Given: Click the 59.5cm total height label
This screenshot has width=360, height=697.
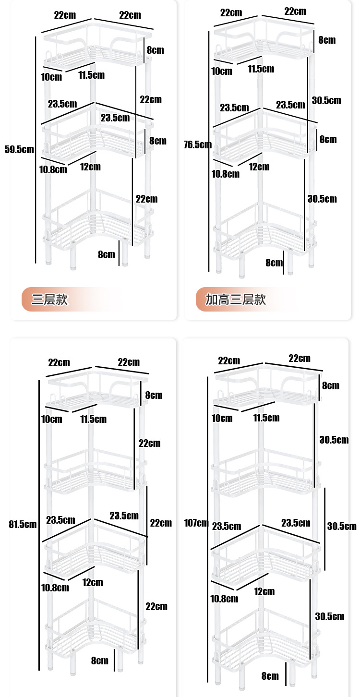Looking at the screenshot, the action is [x=19, y=149].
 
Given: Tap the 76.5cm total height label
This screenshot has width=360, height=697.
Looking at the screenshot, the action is [x=197, y=144].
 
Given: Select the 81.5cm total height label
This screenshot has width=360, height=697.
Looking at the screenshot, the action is [x=23, y=524].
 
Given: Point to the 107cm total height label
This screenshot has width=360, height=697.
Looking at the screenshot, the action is [x=196, y=523].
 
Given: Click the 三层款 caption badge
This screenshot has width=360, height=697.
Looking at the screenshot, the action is [x=50, y=300].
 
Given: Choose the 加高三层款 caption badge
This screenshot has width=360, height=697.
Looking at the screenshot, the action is [x=235, y=300].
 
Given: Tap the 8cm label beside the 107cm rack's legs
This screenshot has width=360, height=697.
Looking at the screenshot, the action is [x=270, y=676].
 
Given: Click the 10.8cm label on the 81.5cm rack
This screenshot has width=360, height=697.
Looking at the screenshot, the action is [x=55, y=587].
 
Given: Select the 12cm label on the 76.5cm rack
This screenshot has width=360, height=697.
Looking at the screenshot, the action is [x=259, y=167].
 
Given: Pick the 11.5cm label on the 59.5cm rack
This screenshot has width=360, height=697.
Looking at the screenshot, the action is [x=91, y=75].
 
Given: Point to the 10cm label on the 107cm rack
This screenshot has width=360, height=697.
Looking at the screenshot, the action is [x=222, y=418].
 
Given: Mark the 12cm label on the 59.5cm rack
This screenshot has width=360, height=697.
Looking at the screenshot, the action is [x=90, y=167].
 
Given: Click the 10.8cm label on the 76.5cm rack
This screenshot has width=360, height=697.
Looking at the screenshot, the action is [x=226, y=173].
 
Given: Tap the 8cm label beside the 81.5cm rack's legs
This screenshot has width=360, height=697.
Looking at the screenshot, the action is [x=99, y=661].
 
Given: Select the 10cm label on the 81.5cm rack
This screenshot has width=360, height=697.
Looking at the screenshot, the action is [x=51, y=419].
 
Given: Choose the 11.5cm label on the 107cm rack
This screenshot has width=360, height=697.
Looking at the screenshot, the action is [x=266, y=418].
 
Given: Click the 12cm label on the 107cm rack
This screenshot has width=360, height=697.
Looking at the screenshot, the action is [x=264, y=591].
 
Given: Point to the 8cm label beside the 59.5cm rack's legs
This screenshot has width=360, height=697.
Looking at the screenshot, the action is [x=107, y=254].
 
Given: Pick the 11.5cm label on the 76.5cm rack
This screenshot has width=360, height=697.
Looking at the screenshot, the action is [x=261, y=69].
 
